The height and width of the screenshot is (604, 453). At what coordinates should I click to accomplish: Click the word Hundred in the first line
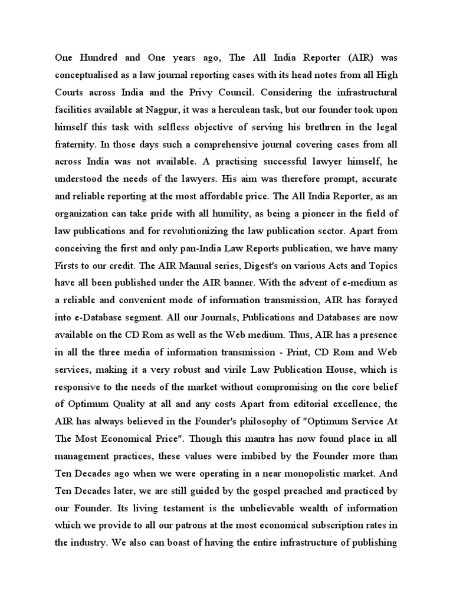coord(99,58)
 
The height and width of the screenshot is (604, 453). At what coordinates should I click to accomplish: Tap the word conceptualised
coord(89,75)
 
